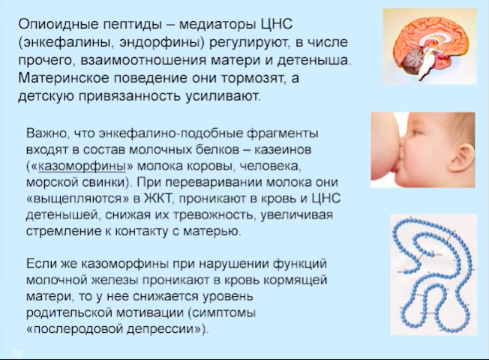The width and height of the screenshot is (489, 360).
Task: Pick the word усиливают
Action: click(x=223, y=97)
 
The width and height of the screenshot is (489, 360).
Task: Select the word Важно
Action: click(x=46, y=133)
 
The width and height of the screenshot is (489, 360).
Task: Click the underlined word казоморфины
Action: click(x=82, y=166)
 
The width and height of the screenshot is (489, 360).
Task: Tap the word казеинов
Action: click(x=283, y=150)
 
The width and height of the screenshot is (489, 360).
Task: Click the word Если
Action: click(x=41, y=264)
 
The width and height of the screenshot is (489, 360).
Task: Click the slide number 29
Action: click(x=16, y=353)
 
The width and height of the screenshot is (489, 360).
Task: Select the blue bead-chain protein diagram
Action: click(x=433, y=274)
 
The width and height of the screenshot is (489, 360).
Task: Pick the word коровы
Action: click(x=209, y=166)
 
